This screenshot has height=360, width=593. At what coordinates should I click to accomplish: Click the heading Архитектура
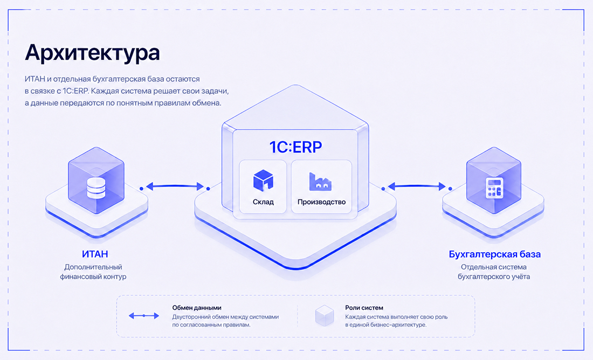click(92, 53)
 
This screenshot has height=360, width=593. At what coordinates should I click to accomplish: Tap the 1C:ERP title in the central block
click(295, 147)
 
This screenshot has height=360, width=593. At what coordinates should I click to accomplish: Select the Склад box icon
click(263, 180)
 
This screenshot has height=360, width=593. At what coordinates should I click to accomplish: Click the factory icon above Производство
click(320, 182)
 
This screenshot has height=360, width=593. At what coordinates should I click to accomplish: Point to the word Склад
click(263, 202)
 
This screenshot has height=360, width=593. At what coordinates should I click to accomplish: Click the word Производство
click(321, 202)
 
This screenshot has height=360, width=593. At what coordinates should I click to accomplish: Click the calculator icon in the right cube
click(494, 188)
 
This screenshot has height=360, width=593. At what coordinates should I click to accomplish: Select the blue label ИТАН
click(95, 254)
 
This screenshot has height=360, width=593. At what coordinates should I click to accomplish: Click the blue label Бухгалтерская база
click(495, 254)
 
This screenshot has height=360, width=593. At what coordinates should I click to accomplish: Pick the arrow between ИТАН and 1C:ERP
click(175, 186)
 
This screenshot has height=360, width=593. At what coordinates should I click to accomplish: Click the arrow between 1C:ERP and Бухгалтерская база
click(417, 186)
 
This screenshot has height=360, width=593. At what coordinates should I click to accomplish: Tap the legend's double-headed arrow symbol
click(144, 315)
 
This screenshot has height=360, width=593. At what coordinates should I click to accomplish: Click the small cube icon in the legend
click(325, 316)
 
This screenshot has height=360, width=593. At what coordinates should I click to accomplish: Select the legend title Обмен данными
click(197, 308)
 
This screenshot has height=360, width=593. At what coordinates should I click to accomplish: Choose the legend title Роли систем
click(364, 308)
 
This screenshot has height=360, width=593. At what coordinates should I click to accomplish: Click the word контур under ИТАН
click(113, 276)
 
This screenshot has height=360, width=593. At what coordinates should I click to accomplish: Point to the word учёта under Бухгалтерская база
click(519, 276)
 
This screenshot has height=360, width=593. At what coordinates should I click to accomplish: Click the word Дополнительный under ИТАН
click(93, 267)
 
